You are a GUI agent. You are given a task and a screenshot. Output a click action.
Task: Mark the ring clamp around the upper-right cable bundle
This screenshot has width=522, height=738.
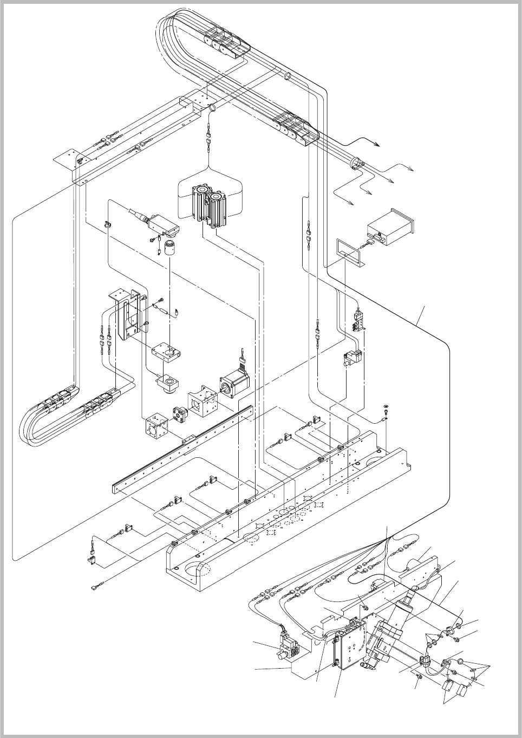[357, 164]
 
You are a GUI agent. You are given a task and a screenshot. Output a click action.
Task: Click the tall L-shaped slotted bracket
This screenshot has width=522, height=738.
[128, 317]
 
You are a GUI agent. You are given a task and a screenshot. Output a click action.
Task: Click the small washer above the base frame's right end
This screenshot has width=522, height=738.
[386, 406]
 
